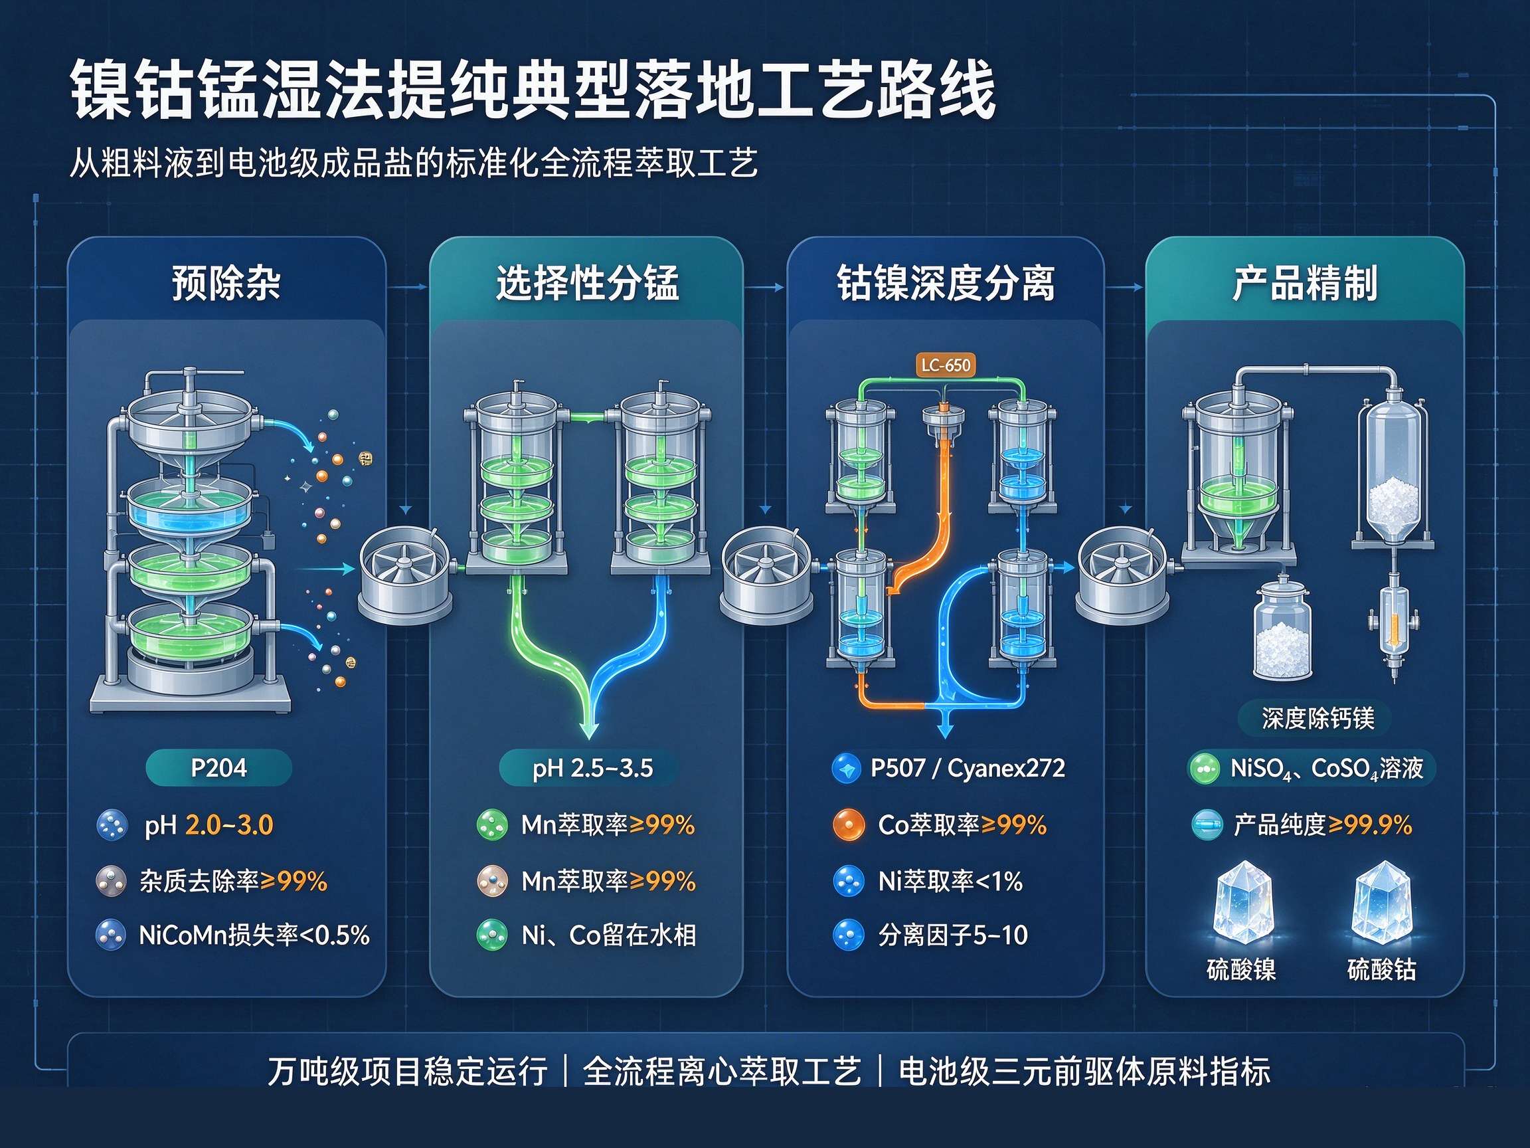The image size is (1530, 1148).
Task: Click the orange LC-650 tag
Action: (946, 365)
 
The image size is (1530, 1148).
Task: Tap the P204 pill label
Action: (218, 767)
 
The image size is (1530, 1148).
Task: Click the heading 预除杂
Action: (226, 283)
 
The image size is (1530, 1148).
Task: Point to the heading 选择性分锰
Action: (587, 283)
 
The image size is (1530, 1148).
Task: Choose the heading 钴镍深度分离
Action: (946, 283)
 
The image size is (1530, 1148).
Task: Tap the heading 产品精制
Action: (1304, 283)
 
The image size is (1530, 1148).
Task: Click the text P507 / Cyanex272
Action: (968, 768)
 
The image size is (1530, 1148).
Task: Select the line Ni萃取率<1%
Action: (950, 881)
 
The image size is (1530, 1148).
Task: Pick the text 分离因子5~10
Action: (953, 935)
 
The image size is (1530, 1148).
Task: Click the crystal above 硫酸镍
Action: (1243, 902)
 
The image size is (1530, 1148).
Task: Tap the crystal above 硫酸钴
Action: (1381, 902)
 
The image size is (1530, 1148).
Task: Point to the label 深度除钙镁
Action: (1317, 718)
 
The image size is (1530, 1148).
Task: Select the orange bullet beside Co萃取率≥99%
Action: (849, 825)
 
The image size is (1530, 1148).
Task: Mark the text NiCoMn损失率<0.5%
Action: (254, 935)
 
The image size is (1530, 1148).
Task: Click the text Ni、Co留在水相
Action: (609, 935)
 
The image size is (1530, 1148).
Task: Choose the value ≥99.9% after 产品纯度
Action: (1369, 825)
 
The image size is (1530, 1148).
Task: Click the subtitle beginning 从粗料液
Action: (414, 163)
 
